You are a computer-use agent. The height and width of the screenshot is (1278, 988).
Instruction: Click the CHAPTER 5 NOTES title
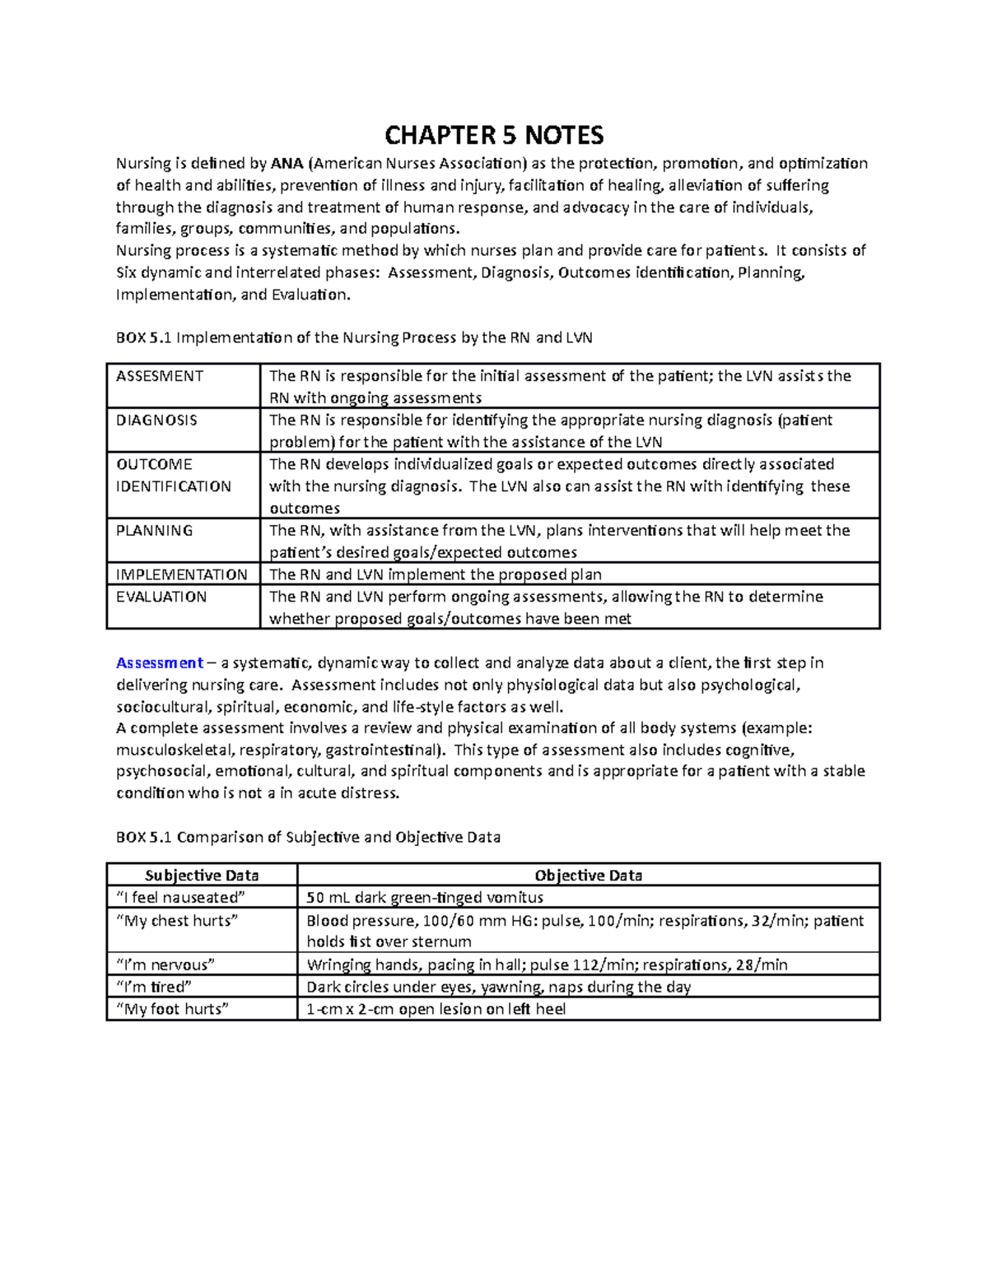tap(494, 135)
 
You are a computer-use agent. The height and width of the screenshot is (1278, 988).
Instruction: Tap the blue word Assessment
tap(160, 663)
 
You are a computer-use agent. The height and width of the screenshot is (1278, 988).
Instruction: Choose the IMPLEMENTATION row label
tap(182, 574)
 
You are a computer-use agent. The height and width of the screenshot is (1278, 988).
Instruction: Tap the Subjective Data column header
tap(202, 876)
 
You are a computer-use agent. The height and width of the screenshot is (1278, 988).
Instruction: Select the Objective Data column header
tap(588, 876)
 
